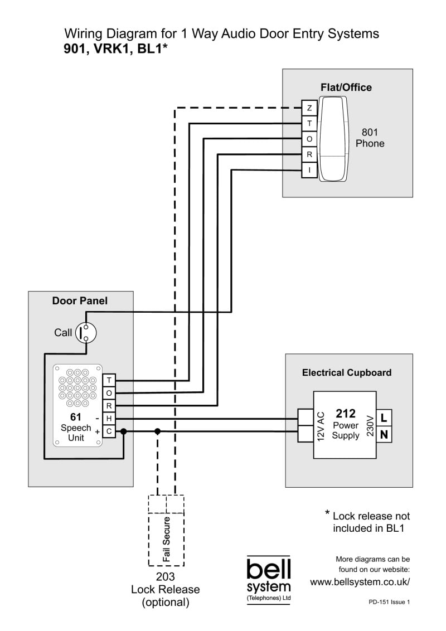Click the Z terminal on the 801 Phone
pos(309,108)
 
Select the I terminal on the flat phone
pos(309,170)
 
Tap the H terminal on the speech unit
pos(109,418)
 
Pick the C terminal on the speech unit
pos(109,431)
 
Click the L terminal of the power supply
pos(384,417)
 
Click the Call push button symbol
pos(86,333)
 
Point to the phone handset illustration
pos(333,139)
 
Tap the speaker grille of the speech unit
pos(77,387)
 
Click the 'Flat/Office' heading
pos(346,88)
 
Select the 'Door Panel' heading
pos(80,301)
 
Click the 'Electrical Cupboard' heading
pos(347,372)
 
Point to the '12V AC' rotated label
pos(321,426)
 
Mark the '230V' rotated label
pos(369,426)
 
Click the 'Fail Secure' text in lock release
pos(166,539)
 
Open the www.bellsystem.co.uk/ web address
pos(360,582)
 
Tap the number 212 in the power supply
pos(346,414)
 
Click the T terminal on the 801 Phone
pos(309,123)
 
